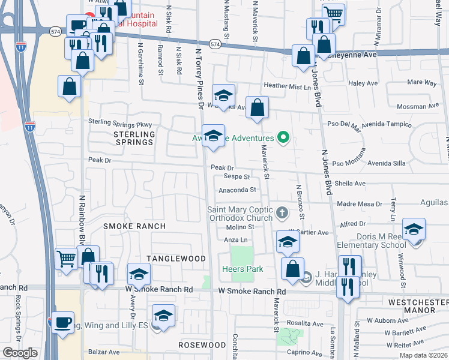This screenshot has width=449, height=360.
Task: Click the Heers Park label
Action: point(243,269)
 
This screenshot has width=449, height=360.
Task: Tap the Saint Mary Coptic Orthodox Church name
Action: point(240,214)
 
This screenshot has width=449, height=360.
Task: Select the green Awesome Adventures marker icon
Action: point(284,139)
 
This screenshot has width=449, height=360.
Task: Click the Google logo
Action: point(20,353)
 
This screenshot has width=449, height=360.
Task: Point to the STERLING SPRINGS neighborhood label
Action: point(134,138)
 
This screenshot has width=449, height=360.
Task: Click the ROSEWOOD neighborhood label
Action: point(202,346)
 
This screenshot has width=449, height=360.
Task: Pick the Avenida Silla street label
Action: point(387,163)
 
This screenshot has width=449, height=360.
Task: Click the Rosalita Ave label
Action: point(304,323)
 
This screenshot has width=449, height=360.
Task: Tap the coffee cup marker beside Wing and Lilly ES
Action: point(62,323)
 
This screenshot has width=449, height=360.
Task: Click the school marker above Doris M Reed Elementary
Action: point(414,229)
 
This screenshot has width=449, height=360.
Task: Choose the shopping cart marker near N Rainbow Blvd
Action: point(66,260)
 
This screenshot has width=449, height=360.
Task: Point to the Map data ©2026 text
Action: point(425,356)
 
